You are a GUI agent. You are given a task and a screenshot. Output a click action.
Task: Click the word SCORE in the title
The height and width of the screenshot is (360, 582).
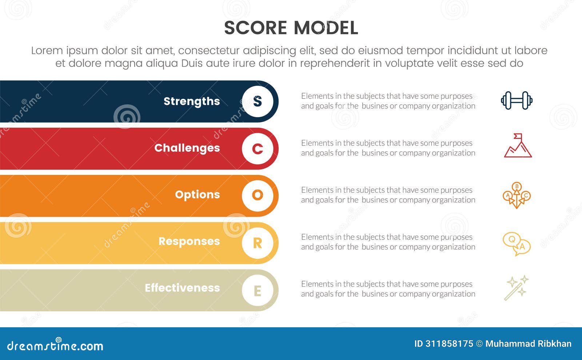click(x=255, y=28)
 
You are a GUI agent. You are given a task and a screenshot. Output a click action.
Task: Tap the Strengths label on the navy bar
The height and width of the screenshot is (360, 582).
click(x=192, y=101)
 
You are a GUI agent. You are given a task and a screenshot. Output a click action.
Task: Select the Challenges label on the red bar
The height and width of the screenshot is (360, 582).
click(x=187, y=148)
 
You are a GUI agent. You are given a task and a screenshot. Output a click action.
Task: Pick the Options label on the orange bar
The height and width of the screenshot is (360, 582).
click(x=197, y=195)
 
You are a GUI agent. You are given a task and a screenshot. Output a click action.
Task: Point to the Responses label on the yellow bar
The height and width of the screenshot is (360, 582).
click(x=189, y=241)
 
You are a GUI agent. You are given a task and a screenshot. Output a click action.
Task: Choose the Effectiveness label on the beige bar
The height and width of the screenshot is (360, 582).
click(x=182, y=288)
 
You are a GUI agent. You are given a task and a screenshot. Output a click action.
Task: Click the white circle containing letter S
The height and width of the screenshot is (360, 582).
click(x=258, y=101)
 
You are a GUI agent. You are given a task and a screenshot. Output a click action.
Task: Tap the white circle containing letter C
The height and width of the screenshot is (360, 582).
click(x=258, y=148)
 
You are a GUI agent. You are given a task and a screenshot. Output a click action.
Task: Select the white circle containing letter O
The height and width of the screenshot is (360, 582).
click(x=258, y=195)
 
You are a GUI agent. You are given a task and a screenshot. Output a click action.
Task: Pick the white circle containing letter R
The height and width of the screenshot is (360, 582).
click(x=258, y=243)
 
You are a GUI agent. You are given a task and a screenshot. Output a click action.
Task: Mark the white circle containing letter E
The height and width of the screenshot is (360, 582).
click(x=258, y=290)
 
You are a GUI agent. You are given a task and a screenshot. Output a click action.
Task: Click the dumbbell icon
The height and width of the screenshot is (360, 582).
click(x=517, y=100)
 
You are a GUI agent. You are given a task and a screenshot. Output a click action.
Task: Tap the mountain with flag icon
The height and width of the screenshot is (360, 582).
click(x=518, y=146)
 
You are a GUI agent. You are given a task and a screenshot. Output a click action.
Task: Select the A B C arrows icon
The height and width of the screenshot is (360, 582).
click(x=517, y=195)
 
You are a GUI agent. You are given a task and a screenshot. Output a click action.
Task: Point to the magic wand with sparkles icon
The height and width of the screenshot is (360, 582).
click(x=517, y=288)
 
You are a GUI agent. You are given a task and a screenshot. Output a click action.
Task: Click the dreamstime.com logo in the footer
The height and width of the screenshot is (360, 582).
click(x=55, y=345)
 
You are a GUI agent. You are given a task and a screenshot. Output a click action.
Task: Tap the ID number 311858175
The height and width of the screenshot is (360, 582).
click(x=444, y=344)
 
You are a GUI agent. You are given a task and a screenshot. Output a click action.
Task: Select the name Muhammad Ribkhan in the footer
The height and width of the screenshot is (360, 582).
click(x=528, y=344)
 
